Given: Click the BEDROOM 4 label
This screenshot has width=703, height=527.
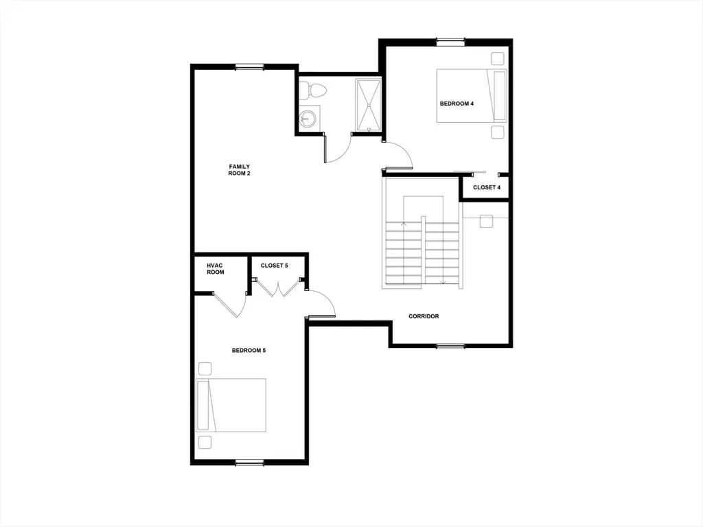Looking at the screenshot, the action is [x=457, y=104].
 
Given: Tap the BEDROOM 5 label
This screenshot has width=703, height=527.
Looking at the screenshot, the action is [x=249, y=351].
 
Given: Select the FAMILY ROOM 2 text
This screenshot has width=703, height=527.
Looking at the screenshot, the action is [x=240, y=170].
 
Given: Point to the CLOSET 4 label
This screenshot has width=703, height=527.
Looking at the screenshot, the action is [x=487, y=187].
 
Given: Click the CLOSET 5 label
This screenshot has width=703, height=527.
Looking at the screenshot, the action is [x=274, y=266].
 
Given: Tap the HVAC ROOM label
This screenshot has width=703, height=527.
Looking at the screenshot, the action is [x=215, y=269].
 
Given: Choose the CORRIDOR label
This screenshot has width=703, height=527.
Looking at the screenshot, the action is [x=424, y=316].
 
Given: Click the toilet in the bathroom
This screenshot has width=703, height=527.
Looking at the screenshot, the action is [x=312, y=91].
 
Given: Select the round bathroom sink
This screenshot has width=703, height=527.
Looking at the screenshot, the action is [x=308, y=118].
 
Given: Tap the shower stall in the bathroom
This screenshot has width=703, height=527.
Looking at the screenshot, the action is [x=369, y=105].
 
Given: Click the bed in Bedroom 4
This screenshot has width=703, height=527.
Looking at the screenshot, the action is [x=472, y=95].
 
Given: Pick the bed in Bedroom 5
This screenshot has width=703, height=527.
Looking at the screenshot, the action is [x=231, y=405].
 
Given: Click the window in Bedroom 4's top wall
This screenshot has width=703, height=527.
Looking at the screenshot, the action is [x=450, y=42].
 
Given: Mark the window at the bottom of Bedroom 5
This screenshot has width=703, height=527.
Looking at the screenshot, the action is [x=250, y=462].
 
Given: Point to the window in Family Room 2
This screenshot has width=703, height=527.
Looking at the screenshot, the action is [x=250, y=67].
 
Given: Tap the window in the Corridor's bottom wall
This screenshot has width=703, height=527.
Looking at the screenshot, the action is [x=450, y=346].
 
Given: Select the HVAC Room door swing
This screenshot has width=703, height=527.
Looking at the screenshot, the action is [x=230, y=305].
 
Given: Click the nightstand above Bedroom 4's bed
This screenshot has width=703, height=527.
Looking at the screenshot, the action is [x=497, y=59].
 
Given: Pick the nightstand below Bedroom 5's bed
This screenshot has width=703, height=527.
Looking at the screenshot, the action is [x=205, y=442].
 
